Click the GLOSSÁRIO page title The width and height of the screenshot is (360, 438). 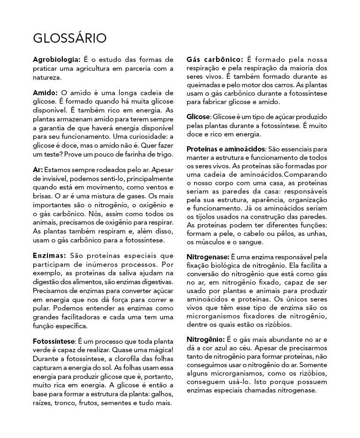pos(69,38)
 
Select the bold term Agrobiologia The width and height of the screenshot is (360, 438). pos(57,60)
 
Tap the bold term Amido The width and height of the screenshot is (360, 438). pos(45,93)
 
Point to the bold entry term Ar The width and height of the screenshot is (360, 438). pos(38,169)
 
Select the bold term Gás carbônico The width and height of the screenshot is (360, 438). pos(214,60)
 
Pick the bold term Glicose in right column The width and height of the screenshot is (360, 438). pos(198,116)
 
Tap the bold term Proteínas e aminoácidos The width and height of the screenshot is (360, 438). pos(226,149)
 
